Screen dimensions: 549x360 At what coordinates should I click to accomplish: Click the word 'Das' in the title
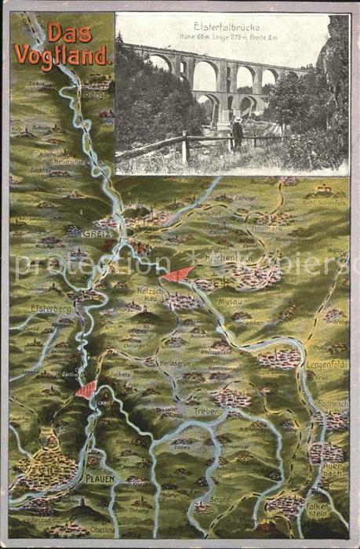[x=69, y=33]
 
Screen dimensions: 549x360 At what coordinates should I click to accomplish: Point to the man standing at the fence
[x=237, y=133]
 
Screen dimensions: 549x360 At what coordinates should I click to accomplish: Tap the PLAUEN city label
[x=100, y=477]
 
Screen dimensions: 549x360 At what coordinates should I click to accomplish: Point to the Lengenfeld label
[x=325, y=365]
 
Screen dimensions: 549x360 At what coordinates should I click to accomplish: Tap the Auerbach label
[x=332, y=469]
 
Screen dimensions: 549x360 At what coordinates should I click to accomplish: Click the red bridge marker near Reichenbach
[x=177, y=274]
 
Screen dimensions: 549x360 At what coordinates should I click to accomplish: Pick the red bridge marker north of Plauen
[x=87, y=389]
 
